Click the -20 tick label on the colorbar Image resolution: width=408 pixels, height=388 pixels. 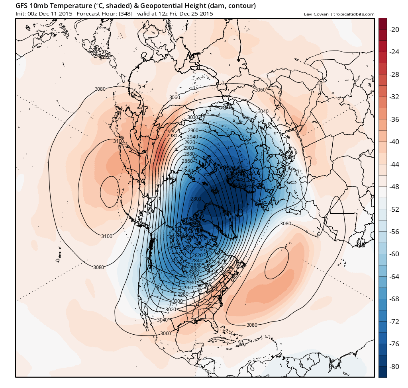coord(395,29)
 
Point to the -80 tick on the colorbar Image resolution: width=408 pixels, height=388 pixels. coord(395,366)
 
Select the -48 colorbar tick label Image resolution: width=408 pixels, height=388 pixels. coord(395,187)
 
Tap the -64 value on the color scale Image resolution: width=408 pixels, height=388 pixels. coord(395,276)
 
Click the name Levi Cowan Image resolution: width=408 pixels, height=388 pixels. coord(316,14)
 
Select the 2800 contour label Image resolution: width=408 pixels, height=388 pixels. coord(196,199)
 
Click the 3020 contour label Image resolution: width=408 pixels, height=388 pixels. coord(171,309)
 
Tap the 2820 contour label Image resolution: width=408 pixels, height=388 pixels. coord(197,255)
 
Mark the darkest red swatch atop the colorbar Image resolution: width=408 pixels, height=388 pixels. coord(382,23)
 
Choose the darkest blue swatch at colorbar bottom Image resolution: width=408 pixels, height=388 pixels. coord(382,372)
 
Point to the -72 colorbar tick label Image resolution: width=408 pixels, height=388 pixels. coord(395,321)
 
